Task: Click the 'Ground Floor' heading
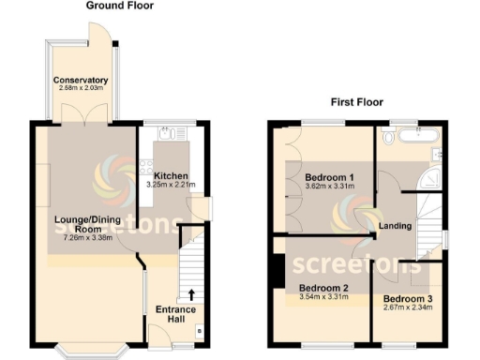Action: click(120, 6)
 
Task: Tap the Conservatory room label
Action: click(81, 80)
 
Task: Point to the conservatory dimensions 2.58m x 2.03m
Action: click(81, 90)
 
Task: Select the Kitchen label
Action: click(172, 176)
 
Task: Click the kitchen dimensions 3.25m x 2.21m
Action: click(172, 186)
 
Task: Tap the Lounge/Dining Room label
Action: click(87, 224)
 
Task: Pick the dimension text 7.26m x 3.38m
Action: click(87, 238)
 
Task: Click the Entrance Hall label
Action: click(175, 314)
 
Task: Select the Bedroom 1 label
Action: click(329, 177)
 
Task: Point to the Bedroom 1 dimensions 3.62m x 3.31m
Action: click(329, 187)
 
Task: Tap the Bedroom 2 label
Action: click(323, 288)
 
